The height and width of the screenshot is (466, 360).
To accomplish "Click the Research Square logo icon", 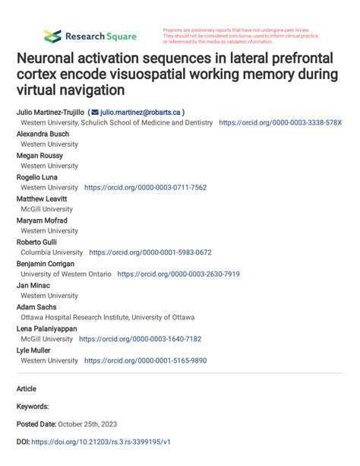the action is coord(52,36).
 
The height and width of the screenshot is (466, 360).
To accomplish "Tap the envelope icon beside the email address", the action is coord(95,111).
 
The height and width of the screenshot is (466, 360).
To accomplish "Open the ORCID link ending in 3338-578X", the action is coord(280,122).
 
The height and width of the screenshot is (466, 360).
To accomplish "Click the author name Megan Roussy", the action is coord(39,155).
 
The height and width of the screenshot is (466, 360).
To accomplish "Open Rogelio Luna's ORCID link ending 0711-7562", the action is coord(145,187).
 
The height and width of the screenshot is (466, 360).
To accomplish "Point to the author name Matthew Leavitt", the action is coord(43,198).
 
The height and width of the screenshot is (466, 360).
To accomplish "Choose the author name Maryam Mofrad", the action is coord(43,220).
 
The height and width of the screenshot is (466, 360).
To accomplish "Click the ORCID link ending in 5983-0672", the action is coord(150,252).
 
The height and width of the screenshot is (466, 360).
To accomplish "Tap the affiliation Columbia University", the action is coord(52,252).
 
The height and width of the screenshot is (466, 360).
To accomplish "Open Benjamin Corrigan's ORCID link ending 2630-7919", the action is coord(178,274).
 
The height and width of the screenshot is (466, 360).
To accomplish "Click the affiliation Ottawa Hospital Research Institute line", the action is coord(107,318).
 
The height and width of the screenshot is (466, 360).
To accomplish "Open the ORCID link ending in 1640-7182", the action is coord(140,339).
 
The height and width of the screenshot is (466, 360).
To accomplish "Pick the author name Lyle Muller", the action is coord(34,350).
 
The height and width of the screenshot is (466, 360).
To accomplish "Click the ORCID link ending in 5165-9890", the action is coord(145,361).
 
